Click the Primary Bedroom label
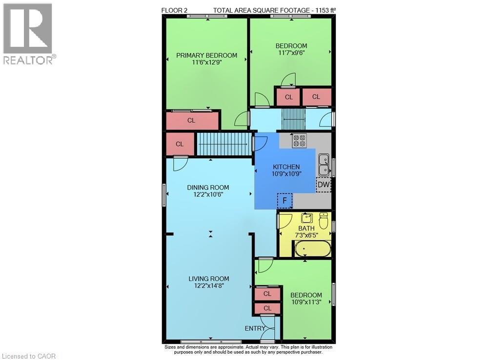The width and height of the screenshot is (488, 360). click(x=206, y=55)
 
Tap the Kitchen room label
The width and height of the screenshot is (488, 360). click(x=286, y=167)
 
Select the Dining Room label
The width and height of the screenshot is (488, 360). click(x=208, y=188)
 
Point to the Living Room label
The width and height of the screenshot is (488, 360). click(x=209, y=279)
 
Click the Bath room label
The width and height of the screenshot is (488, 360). click(x=306, y=228)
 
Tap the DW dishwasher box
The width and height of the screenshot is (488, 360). click(x=323, y=185)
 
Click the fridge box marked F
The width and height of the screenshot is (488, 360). click(x=285, y=200)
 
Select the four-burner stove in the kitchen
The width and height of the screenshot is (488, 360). click(x=299, y=141)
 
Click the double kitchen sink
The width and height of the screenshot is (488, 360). click(x=324, y=165)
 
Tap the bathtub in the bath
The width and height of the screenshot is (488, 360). click(x=313, y=249)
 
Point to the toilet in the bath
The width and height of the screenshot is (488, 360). click(x=323, y=221)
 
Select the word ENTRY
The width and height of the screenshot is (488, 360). click(x=255, y=328)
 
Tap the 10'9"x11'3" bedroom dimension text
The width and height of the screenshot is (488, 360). click(x=306, y=302)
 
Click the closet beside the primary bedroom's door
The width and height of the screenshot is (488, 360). click(x=192, y=120)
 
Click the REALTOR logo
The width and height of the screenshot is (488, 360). click(x=28, y=34)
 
